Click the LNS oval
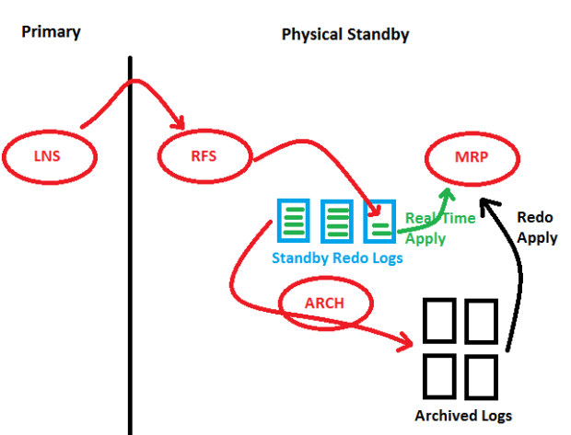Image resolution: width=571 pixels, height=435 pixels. pyautogui.click(x=50, y=156)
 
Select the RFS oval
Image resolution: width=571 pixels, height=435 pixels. pyautogui.click(x=204, y=156)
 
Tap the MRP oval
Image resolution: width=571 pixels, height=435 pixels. pyautogui.click(x=471, y=156)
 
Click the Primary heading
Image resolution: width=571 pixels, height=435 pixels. pyautogui.click(x=51, y=32)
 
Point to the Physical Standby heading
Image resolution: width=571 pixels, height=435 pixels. pyautogui.click(x=345, y=35)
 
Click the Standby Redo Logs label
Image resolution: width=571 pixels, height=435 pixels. pyautogui.click(x=337, y=258)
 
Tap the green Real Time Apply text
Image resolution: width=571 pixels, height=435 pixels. pyautogui.click(x=438, y=228)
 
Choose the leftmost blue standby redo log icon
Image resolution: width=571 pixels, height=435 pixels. pyautogui.click(x=294, y=222)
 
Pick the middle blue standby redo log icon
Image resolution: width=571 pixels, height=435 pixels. pyautogui.click(x=337, y=222)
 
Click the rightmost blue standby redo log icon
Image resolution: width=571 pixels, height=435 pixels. pyautogui.click(x=379, y=222)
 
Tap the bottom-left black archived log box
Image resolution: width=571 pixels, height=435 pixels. pyautogui.click(x=439, y=373)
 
